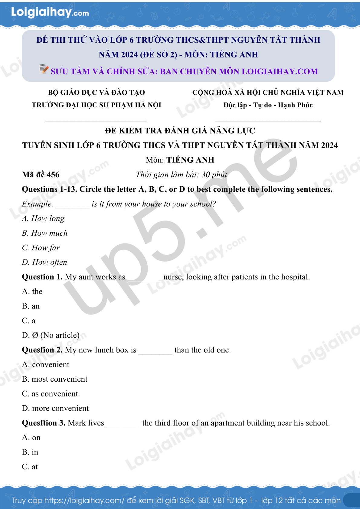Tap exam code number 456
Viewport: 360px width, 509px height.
pyautogui.click(x=53, y=175)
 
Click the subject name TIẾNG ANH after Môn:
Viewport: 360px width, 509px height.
pyautogui.click(x=190, y=160)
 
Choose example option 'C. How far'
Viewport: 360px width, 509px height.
pyautogui.click(x=41, y=248)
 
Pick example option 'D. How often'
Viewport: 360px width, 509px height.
pyautogui.click(x=44, y=262)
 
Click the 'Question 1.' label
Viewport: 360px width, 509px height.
pyautogui.click(x=42, y=277)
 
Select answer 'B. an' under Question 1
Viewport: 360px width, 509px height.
pyautogui.click(x=31, y=306)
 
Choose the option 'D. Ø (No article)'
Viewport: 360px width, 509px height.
pyautogui.click(x=51, y=335)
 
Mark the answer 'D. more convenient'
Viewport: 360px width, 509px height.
pyautogui.click(x=55, y=408)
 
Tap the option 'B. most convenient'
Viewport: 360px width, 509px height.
pyautogui.click(x=55, y=379)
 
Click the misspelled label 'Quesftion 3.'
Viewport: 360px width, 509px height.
pyautogui.click(x=44, y=423)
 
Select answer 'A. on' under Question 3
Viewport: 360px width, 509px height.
pyautogui.click(x=31, y=438)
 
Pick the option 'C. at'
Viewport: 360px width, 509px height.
pyautogui.click(x=30, y=467)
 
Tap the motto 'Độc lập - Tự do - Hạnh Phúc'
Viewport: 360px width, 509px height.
pyautogui.click(x=268, y=105)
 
